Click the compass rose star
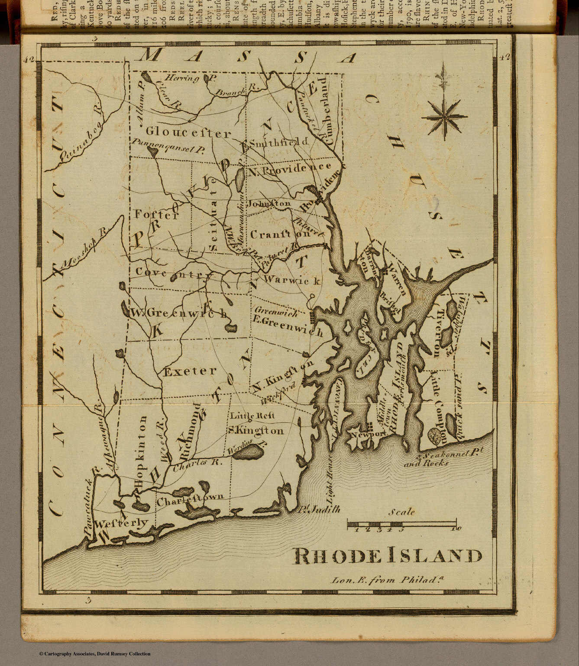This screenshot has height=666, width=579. click(x=444, y=116)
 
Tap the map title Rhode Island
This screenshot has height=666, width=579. click(x=388, y=556)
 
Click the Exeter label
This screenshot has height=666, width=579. click(x=190, y=371)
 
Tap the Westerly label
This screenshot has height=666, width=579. click(x=121, y=523)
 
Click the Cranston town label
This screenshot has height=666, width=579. click(x=280, y=234)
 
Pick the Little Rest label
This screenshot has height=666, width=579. click(x=252, y=415)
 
